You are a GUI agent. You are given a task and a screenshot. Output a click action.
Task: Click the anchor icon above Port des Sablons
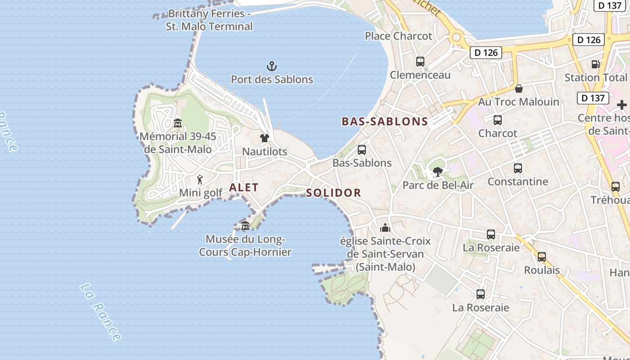(272, 67)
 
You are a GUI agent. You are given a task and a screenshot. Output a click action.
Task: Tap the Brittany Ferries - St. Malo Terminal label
(209, 20)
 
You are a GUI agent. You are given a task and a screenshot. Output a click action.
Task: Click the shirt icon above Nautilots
(264, 138)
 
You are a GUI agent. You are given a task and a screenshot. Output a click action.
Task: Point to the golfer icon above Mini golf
(200, 180)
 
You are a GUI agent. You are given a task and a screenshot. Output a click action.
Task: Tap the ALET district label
(244, 188)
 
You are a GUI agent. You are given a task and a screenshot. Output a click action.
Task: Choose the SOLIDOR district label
(333, 193)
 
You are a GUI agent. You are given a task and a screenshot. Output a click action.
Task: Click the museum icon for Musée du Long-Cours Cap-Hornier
(245, 225)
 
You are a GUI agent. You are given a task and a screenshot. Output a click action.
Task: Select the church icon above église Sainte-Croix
(385, 228)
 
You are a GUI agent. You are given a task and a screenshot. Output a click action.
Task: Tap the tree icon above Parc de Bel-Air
(437, 171)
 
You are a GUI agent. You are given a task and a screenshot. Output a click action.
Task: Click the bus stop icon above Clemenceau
(420, 62)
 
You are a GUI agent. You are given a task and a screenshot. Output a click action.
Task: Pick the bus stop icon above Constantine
(518, 168)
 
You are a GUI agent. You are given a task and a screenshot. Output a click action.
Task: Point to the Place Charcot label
(398, 36)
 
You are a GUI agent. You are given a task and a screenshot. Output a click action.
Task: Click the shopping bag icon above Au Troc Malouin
(519, 89)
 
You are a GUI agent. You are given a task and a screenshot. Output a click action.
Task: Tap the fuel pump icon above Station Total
(595, 64)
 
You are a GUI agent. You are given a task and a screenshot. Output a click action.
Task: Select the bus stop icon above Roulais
(542, 257)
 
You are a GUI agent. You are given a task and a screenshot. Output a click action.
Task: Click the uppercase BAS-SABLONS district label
(385, 121)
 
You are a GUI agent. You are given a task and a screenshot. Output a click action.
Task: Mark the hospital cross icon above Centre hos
(622, 105)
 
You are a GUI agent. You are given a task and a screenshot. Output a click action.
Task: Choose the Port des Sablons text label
(272, 80)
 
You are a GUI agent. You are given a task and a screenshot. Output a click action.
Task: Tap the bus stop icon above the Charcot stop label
(498, 120)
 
